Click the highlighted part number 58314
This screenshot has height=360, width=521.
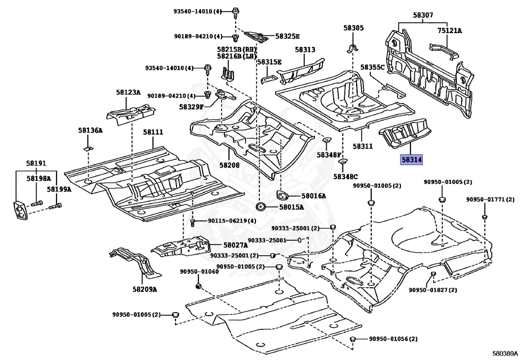click(412, 160)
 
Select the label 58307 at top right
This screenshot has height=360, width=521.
click(423, 16)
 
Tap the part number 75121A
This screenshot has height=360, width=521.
click(449, 31)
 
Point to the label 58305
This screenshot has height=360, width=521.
click(353, 29)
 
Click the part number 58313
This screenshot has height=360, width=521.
click(305, 49)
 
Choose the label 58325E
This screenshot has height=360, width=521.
click(287, 36)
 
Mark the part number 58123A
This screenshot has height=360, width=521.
click(128, 92)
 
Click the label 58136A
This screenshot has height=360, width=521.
click(90, 130)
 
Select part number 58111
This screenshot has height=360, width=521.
click(153, 132)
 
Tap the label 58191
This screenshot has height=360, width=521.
click(36, 163)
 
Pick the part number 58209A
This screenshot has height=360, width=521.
click(145, 289)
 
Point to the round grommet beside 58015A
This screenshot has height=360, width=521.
click(261, 207)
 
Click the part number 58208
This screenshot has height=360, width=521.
click(229, 165)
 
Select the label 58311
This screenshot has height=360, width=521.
click(363, 146)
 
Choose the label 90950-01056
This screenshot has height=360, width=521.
click(390, 339)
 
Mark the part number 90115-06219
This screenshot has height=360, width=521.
click(228, 220)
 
